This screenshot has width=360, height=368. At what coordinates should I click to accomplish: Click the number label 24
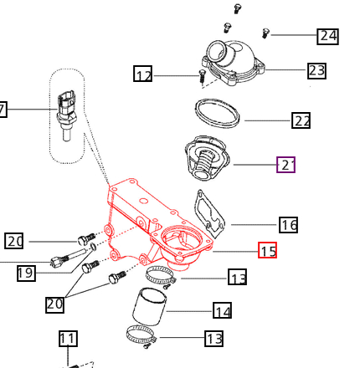pyautogui.click(x=327, y=36)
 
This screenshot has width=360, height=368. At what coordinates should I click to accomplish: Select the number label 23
pyautogui.click(x=316, y=70)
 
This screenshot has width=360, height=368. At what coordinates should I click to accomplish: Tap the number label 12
pyautogui.click(x=143, y=75)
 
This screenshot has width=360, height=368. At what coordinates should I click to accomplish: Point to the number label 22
pyautogui.click(x=301, y=120)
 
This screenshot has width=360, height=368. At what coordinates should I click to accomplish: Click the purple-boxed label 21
pyautogui.click(x=286, y=165)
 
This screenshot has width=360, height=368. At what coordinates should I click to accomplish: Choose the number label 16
pyautogui.click(x=289, y=224)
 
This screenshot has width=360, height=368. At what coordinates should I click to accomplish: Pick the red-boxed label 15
pyautogui.click(x=267, y=250)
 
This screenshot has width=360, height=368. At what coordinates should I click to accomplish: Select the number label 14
pyautogui.click(x=222, y=311)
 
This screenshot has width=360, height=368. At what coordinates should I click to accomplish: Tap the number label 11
pyautogui.click(x=68, y=339)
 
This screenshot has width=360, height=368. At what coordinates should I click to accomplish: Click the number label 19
pyautogui.click(x=25, y=273)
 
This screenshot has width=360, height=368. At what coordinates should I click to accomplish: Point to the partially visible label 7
pyautogui.click(x=3, y=109)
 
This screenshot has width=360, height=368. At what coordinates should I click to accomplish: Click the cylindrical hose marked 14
pyautogui.click(x=150, y=307)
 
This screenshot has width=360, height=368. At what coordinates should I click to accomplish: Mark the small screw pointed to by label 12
pyautogui.click(x=201, y=77)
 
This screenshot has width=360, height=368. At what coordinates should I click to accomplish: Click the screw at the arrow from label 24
pyautogui.click(x=265, y=33)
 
